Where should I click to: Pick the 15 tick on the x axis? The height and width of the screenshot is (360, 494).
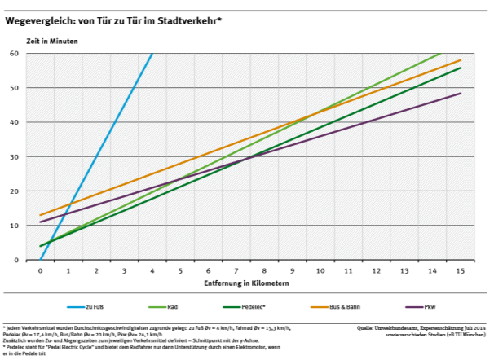coord(461,270)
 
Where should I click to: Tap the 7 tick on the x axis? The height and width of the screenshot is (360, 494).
coord(236,270)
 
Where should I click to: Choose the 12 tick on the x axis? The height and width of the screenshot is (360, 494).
coord(377,270)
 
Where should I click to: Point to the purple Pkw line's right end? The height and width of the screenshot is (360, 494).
coord(461,93)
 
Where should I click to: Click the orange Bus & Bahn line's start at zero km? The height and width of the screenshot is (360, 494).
coord(40,216)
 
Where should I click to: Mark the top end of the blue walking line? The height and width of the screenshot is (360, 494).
coord(152,54)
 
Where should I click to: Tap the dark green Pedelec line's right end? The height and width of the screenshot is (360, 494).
coord(461,68)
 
